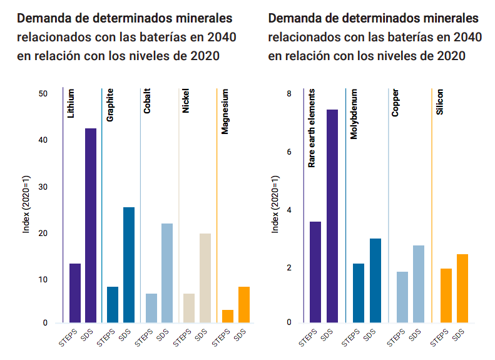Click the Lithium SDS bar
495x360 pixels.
click(91, 225)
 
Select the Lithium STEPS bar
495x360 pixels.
click(75, 293)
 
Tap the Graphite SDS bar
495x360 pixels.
click(129, 265)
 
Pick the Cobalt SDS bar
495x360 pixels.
click(167, 273)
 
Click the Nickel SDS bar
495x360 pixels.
click(205, 278)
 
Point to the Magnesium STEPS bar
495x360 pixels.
click(227, 316)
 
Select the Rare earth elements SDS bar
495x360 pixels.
click(332, 216)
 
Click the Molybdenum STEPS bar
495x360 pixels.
click(359, 293)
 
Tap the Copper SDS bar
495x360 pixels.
click(419, 284)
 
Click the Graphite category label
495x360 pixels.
click(110, 106)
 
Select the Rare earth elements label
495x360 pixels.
click(312, 128)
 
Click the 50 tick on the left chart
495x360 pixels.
click(43, 94)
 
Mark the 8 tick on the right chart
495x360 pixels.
click(289, 94)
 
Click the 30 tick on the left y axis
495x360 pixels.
click(43, 187)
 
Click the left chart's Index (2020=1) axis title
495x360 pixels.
click(26, 209)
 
